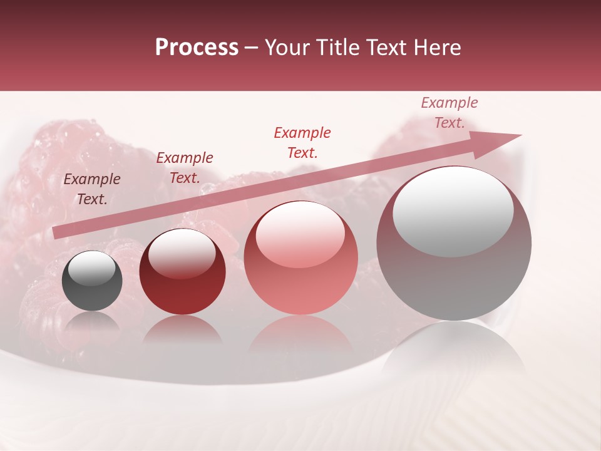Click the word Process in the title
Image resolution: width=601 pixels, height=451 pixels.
[197, 48]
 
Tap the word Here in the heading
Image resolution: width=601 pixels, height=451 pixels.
[438, 48]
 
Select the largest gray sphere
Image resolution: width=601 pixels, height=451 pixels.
[454, 282]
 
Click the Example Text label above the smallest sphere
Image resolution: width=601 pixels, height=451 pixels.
[92, 189]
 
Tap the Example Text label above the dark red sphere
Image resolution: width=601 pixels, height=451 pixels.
[184, 168]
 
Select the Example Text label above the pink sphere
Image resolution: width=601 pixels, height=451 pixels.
[302, 142]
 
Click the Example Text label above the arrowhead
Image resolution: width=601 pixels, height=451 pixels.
[449, 113]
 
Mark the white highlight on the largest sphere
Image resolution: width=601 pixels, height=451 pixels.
[453, 212]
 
